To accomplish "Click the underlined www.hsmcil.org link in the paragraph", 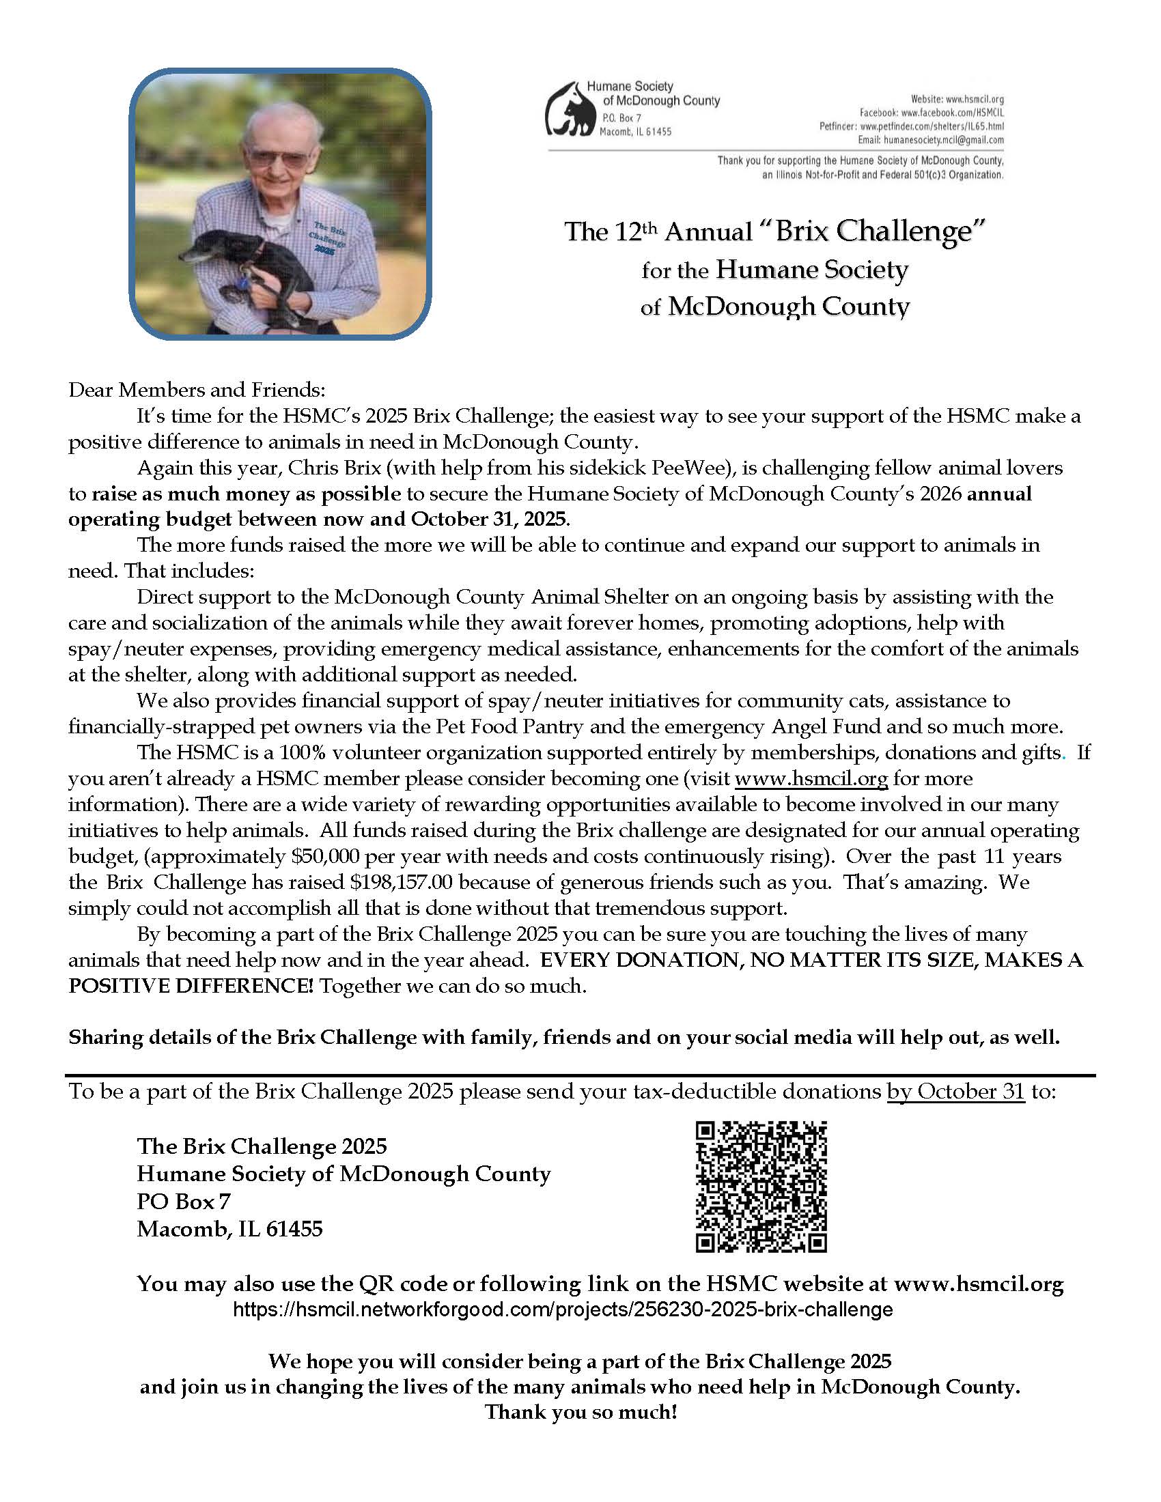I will coord(811,779).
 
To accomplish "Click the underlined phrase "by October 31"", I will coord(956,1092).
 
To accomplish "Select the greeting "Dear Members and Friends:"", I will coord(197,390).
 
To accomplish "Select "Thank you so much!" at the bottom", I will coord(581,1413).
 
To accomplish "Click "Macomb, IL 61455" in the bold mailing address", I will coord(229,1229).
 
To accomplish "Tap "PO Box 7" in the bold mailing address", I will coord(184,1202).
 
